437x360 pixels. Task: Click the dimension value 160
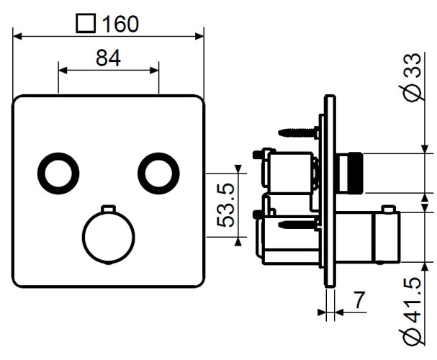[x=120, y=24]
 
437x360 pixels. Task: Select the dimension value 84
[x=108, y=58]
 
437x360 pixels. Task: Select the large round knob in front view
[x=108, y=238]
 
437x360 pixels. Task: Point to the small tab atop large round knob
[x=108, y=209]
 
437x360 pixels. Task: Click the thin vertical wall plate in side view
[x=329, y=194]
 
